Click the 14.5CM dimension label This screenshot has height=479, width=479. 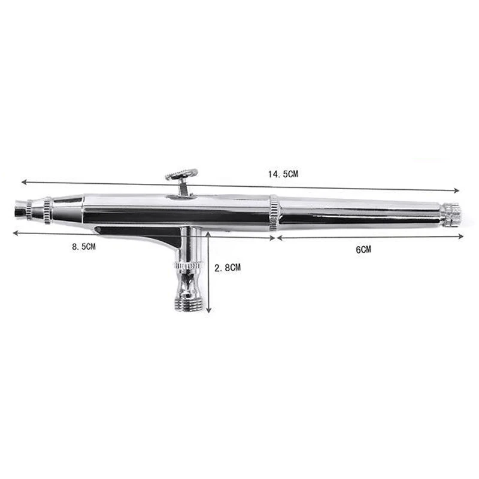click(283, 174)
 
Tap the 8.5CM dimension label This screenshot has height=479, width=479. click(84, 247)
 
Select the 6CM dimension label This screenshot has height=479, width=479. click(363, 250)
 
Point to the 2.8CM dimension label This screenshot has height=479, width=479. click(228, 268)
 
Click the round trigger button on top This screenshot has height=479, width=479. click(181, 175)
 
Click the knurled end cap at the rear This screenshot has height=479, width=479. click(451, 215)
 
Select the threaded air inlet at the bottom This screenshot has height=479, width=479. click(189, 304)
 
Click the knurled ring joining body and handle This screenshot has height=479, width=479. click(274, 214)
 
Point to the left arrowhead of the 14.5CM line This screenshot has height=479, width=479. click(24, 182)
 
